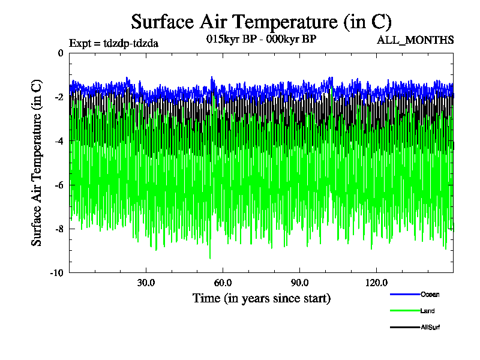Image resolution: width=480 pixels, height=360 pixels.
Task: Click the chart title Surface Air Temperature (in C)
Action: click(x=261, y=22)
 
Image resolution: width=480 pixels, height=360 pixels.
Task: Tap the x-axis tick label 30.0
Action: click(x=146, y=283)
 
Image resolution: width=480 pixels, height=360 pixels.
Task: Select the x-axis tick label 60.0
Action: click(x=223, y=283)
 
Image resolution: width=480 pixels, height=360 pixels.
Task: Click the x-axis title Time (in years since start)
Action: click(x=261, y=298)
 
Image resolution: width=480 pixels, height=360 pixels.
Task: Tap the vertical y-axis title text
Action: click(x=37, y=162)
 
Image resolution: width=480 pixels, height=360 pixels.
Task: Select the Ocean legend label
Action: click(x=430, y=295)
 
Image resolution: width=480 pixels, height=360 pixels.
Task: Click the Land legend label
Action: click(x=428, y=311)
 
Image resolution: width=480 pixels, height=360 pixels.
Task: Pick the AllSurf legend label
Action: click(x=431, y=327)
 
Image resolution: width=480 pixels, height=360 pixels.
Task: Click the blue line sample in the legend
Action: click(x=404, y=295)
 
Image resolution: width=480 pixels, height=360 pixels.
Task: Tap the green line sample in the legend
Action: click(x=404, y=311)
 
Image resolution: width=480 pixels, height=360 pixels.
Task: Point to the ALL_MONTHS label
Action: click(x=415, y=40)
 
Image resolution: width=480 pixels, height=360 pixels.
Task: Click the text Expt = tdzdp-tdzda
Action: click(x=114, y=43)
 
